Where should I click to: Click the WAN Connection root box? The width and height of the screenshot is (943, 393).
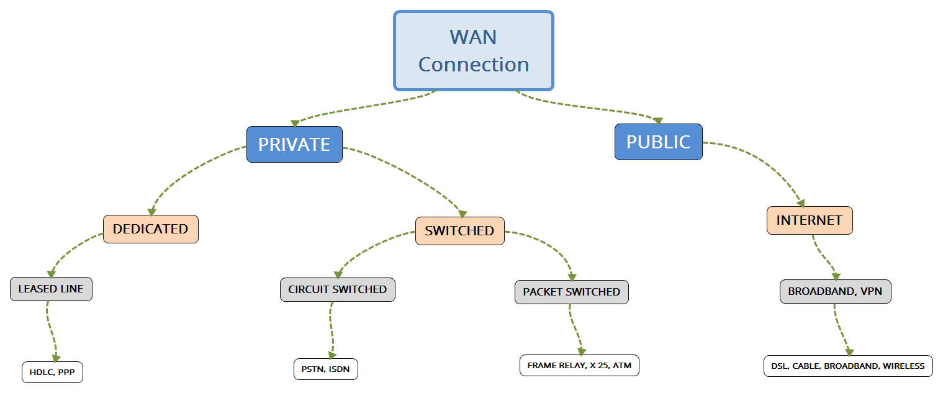473,50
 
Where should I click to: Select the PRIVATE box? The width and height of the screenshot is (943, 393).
294,144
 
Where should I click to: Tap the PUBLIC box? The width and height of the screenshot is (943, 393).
658,142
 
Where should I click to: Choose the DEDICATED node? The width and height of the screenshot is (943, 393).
150,228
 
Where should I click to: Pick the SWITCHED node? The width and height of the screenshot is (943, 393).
459,231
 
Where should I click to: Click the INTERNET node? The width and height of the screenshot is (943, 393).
809,220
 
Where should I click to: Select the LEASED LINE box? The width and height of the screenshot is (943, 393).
51,289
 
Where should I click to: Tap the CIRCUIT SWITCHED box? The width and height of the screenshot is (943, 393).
337,289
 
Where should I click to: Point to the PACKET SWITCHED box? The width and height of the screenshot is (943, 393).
571,292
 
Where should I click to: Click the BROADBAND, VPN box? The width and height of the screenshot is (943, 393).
835,291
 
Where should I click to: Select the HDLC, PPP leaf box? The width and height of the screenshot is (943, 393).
52,373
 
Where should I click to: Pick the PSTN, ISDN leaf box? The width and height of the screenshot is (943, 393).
325,369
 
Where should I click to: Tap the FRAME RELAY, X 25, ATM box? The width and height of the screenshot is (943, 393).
579,365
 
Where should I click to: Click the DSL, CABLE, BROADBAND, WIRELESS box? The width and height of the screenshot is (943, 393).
847,366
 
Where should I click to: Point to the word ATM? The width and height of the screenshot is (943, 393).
621,365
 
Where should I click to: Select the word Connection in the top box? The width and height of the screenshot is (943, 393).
473,64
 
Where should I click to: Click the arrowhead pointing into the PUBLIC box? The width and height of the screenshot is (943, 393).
658,120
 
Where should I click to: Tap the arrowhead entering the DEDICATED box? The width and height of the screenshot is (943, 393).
151,210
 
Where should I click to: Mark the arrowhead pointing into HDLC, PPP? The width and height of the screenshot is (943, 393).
56,358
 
